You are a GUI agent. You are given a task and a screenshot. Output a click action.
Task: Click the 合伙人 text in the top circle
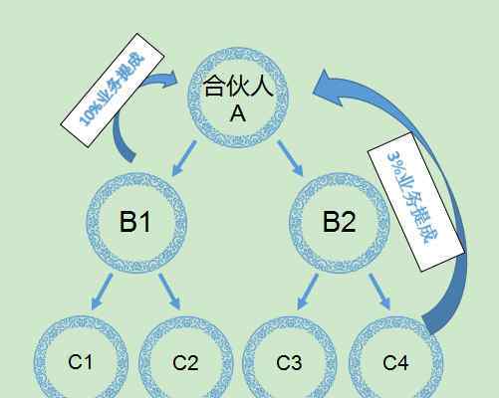(238, 86)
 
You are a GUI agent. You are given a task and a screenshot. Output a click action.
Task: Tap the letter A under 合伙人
(238, 113)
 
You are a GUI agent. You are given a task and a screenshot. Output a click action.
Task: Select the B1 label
(135, 222)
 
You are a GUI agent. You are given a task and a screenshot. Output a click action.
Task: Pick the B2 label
(339, 222)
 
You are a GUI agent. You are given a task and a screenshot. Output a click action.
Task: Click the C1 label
(81, 362)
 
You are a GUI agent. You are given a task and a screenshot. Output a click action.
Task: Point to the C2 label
(185, 362)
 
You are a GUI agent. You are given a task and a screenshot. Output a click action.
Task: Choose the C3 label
(289, 362)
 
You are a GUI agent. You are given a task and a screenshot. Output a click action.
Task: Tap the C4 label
(395, 362)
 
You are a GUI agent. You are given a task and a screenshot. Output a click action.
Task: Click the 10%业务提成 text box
(113, 90)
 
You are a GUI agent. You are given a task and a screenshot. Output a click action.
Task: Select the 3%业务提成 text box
(416, 202)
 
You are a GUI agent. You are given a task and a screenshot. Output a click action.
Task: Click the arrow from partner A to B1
(184, 158)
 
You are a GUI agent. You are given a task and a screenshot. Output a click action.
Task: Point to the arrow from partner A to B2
(290, 158)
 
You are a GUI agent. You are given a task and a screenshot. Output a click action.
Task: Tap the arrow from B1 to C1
(102, 292)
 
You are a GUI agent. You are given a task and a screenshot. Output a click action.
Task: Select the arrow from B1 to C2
(169, 292)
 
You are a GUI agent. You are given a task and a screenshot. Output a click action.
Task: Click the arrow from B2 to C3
(308, 292)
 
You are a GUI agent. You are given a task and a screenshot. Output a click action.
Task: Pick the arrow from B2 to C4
(379, 292)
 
